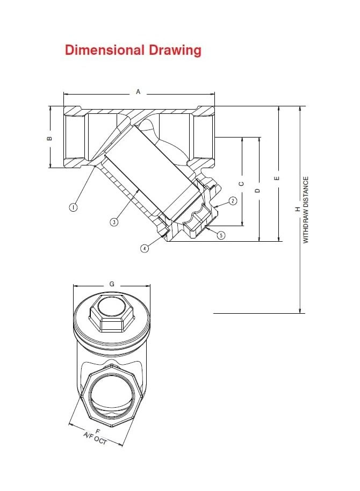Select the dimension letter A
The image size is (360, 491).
(x=138, y=92)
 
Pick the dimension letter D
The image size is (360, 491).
(x=258, y=190)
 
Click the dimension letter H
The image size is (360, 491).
(x=298, y=210)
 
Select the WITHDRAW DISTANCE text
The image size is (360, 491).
(x=306, y=210)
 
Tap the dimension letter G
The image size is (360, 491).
(x=112, y=283)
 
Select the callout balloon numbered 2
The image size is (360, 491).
(x=233, y=201)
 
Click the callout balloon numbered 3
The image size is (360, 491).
(x=114, y=221)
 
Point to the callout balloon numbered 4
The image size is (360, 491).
(x=145, y=248)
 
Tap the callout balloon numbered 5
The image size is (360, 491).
(x=221, y=235)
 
